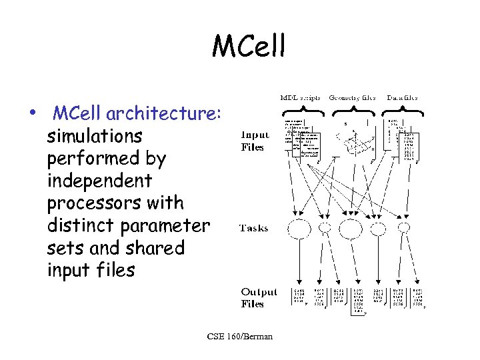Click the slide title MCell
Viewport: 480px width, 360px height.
[x=248, y=47]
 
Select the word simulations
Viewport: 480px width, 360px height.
[x=95, y=136]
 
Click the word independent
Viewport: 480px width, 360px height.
[x=99, y=181]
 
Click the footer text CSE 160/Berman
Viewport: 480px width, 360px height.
[x=239, y=337]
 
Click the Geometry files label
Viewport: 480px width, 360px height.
[x=353, y=97]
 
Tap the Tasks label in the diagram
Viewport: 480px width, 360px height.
[x=253, y=228]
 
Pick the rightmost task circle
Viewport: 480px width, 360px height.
[x=404, y=228]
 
